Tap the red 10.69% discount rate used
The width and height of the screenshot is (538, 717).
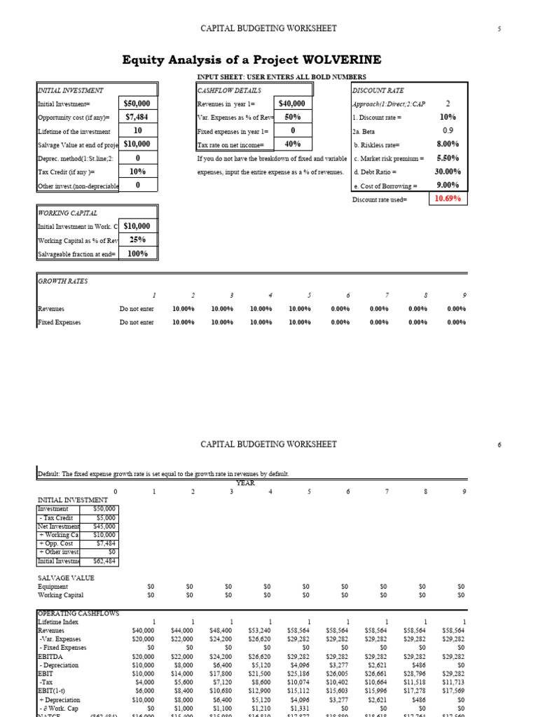click(x=448, y=199)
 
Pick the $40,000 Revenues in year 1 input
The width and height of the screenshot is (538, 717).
click(x=293, y=104)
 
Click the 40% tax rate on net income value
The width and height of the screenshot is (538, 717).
click(x=293, y=144)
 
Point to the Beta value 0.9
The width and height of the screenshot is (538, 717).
click(x=448, y=130)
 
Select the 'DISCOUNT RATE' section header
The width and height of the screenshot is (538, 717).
click(x=378, y=90)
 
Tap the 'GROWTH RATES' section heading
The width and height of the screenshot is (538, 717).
click(x=62, y=281)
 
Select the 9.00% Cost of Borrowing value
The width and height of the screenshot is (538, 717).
click(x=448, y=185)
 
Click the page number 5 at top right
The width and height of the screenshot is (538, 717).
click(x=499, y=29)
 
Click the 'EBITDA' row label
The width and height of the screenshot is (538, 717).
click(x=48, y=655)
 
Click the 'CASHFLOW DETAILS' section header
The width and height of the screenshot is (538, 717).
click(x=230, y=90)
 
